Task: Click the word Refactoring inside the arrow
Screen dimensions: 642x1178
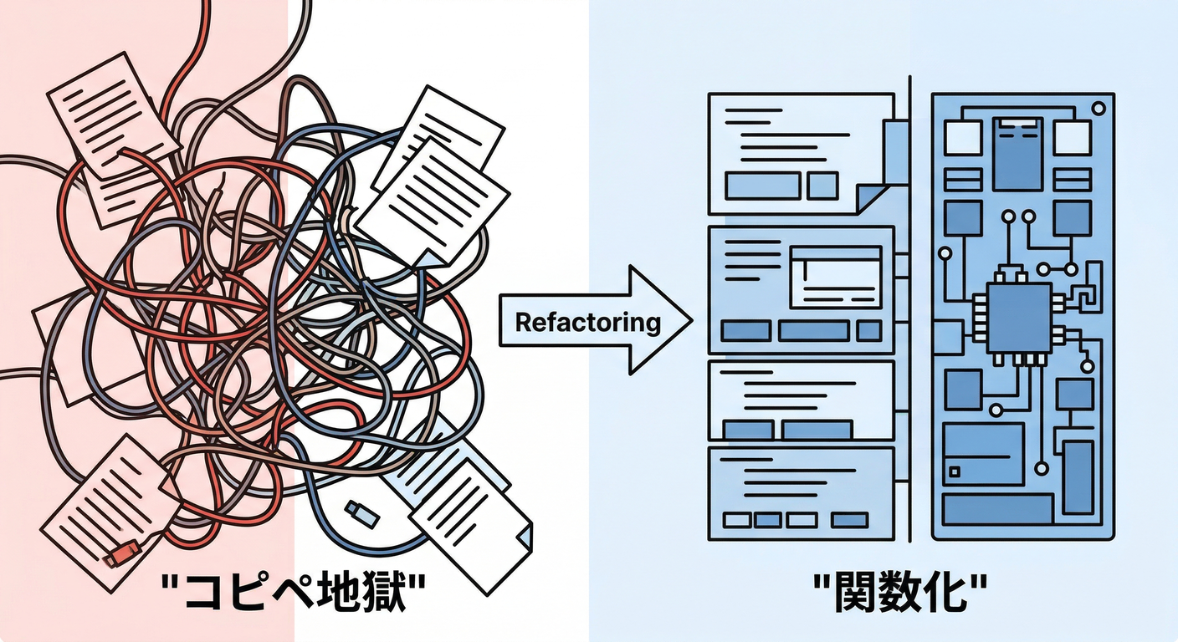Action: point(587,322)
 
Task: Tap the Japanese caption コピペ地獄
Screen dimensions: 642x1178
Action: point(293,595)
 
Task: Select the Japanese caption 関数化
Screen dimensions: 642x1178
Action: point(899,595)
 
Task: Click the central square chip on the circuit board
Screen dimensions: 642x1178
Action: point(1018,318)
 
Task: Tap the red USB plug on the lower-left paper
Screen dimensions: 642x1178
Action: point(123,553)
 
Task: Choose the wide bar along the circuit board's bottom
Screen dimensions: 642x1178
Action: point(996,508)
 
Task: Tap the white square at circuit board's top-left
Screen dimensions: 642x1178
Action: point(962,137)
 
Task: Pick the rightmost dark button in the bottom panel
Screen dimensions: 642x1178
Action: point(851,520)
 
